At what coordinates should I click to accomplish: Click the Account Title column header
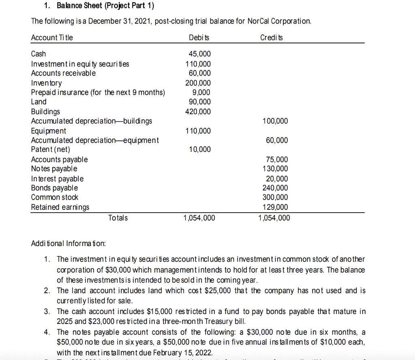pos(52,38)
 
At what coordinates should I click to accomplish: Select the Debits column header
pos(199,38)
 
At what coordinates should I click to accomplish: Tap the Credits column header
pos(272,38)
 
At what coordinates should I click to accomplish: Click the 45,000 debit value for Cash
pos(200,54)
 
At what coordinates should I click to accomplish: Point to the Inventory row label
pos(47,83)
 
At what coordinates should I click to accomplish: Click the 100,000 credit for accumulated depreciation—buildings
pos(275,121)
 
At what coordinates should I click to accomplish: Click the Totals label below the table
pos(118,218)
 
